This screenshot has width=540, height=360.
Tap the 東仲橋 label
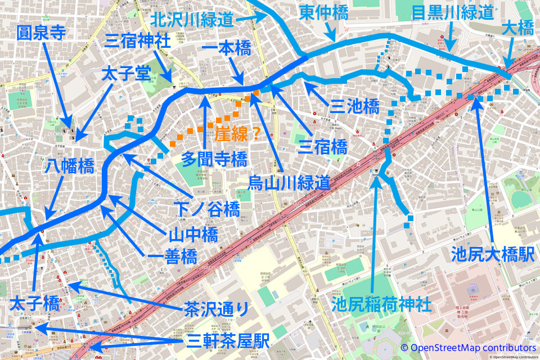pos(323,12)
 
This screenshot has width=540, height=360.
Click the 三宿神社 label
pos(137,40)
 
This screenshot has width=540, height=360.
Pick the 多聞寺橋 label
pos(214,159)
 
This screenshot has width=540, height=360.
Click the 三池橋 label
pos(354,106)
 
